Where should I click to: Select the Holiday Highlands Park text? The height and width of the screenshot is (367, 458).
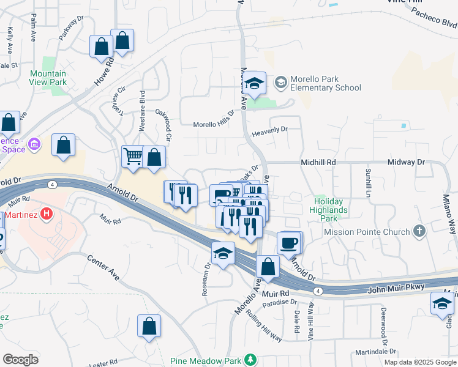331,210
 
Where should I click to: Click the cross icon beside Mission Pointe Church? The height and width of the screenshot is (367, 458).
419,231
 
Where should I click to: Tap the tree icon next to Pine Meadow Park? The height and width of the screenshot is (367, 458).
250,359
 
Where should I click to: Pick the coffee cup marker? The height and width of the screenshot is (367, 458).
288,242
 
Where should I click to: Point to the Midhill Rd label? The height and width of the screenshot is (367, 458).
318,163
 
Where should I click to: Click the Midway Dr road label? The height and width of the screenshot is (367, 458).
407,163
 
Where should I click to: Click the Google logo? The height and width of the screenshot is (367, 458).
20,360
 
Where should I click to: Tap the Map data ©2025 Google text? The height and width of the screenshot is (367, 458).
419,362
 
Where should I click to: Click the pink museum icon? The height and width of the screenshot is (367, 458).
34,145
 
